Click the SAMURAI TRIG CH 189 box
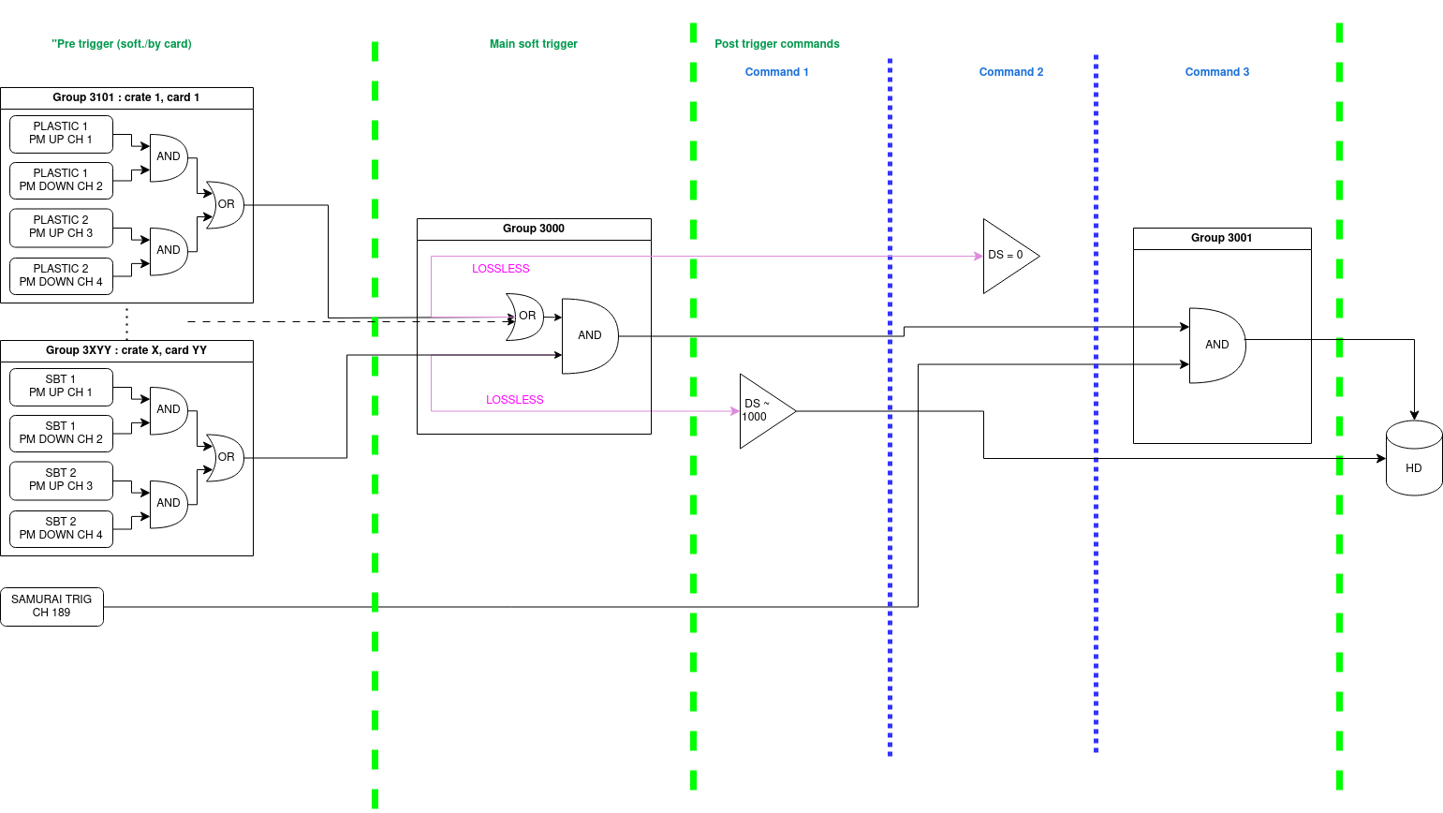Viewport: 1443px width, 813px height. tap(52, 606)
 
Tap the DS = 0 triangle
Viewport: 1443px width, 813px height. tap(1007, 255)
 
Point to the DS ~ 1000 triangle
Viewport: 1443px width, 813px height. tap(762, 411)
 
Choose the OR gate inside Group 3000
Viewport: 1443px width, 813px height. tap(525, 317)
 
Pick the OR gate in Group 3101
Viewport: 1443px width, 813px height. tap(225, 204)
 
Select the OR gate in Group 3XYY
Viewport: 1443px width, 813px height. tap(225, 457)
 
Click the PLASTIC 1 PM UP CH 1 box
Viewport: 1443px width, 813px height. tap(61, 133)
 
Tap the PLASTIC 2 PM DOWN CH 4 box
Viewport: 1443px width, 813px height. tap(61, 275)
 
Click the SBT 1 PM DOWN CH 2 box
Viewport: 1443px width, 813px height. tap(61, 433)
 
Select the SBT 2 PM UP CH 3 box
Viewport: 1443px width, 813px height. tap(61, 480)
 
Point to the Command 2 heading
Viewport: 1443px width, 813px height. tap(1010, 72)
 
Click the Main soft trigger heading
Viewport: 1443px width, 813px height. tap(533, 44)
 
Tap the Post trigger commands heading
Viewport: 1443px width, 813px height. tap(776, 44)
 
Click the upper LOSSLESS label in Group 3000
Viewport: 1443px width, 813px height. tap(500, 269)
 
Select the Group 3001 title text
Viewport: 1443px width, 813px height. tap(1221, 238)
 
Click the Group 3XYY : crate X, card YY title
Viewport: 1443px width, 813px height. tap(126, 350)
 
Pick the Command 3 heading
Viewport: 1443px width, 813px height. tap(1216, 72)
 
